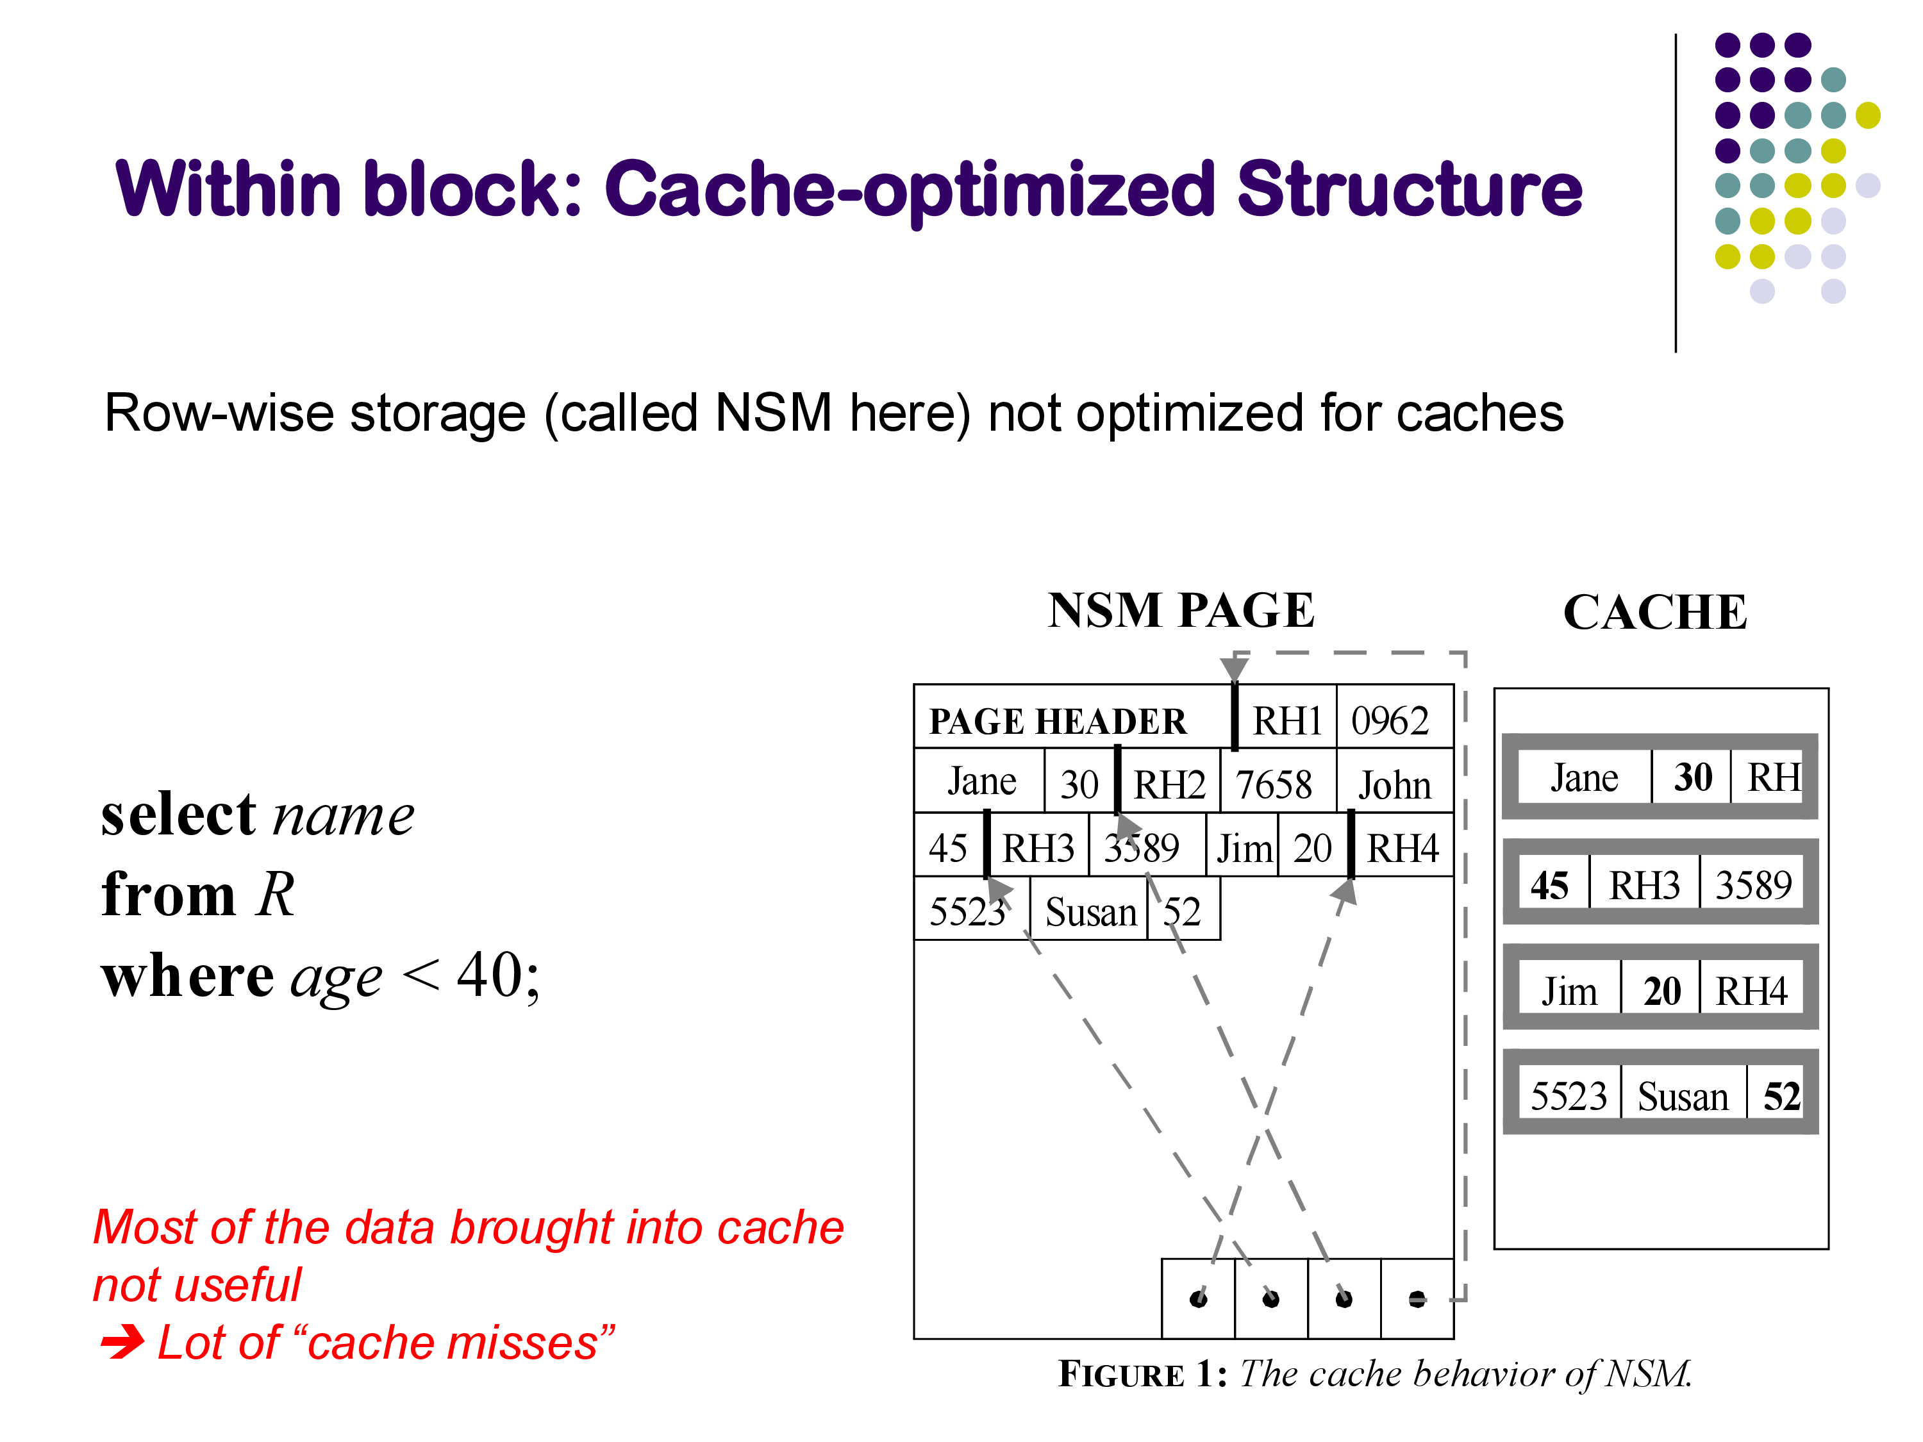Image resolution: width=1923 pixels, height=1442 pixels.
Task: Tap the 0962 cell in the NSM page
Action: tap(1390, 720)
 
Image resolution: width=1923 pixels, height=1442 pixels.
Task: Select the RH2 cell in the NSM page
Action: tap(1169, 785)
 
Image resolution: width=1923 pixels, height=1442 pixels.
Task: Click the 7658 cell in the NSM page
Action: tap(1274, 785)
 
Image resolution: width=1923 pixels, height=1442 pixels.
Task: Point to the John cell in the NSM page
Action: tap(1394, 785)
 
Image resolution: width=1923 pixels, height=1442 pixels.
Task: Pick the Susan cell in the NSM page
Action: tap(1090, 912)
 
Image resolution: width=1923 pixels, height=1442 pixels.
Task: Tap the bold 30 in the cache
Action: tap(1693, 777)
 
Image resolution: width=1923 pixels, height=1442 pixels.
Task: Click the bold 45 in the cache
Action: tap(1549, 886)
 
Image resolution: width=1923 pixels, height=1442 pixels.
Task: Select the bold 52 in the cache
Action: tap(1781, 1096)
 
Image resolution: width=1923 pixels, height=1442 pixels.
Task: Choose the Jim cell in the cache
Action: tap(1569, 991)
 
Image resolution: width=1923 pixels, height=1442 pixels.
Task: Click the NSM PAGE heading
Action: tap(1181, 610)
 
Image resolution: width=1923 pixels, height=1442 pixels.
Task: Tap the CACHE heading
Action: tap(1654, 612)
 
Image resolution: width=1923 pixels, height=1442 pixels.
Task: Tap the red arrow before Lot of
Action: tap(122, 1342)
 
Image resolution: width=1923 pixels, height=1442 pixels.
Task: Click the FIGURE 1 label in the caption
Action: tap(1142, 1374)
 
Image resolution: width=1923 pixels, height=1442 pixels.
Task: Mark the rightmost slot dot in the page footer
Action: tap(1417, 1298)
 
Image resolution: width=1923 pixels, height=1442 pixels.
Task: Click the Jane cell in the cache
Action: tap(1584, 777)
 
